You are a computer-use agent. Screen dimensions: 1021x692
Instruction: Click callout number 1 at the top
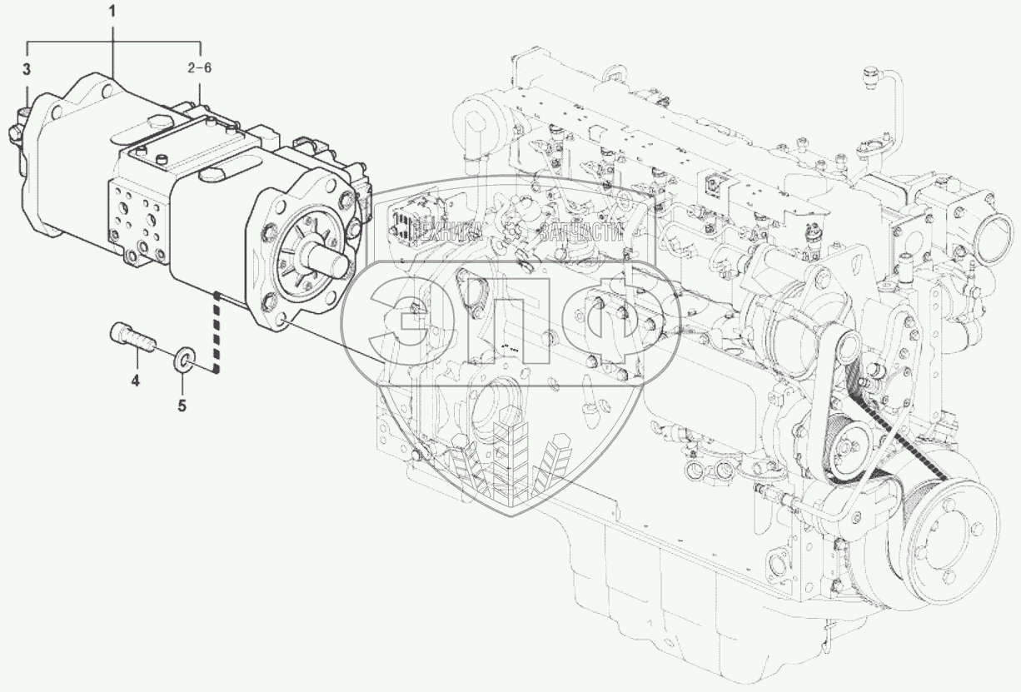[x=113, y=13]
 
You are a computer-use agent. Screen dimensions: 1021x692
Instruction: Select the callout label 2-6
[x=200, y=68]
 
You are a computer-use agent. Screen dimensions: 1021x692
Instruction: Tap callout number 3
[x=27, y=68]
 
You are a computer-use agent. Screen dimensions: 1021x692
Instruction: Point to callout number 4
[x=134, y=381]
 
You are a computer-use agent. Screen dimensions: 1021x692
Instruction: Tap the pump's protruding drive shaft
[x=330, y=262]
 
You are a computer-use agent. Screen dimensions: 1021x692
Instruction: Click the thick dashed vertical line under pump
[x=217, y=333]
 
